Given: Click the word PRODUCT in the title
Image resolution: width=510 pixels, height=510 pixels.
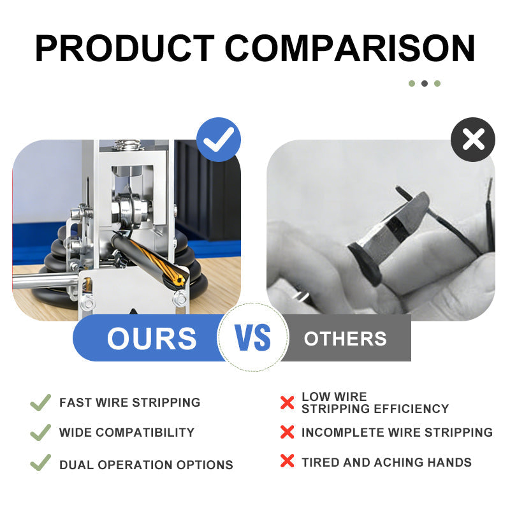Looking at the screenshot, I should coord(124,48).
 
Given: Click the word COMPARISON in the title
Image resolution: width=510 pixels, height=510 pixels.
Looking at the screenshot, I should coord(350,48).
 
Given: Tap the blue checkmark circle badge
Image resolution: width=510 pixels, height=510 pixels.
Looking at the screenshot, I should coord(219,140).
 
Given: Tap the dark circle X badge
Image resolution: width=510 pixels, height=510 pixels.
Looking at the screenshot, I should coord(473,140).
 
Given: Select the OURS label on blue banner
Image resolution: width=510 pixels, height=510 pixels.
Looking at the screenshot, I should coord(152,339).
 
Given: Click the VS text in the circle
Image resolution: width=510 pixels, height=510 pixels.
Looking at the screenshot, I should coord(253,338).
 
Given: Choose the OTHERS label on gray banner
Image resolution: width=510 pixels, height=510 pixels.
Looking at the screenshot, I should coord(345,339).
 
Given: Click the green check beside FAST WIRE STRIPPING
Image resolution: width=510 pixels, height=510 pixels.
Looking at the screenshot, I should coord(40,402).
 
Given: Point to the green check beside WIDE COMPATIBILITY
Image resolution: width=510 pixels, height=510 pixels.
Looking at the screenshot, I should coord(40,432).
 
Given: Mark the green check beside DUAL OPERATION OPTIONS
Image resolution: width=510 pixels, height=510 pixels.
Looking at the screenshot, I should coord(40,462).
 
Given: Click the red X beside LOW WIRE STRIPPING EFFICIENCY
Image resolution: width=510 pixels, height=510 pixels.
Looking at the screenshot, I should coord(287,403).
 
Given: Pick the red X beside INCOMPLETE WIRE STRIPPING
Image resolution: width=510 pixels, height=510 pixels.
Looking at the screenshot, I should coord(287,432).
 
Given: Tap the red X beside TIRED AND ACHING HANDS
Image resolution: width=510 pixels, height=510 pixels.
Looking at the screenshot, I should coord(287,462).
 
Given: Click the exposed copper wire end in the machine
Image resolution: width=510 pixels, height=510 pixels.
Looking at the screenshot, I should coord(178,279).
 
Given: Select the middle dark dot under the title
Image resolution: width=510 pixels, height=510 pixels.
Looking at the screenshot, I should coord(425,84).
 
